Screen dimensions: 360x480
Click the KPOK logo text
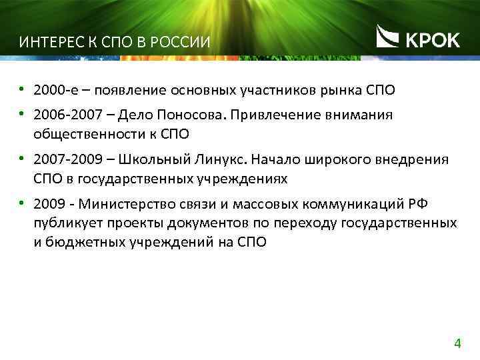pyautogui.click(x=433, y=40)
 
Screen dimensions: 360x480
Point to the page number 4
pyautogui.click(x=457, y=344)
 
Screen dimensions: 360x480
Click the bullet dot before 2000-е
pyautogui.click(x=22, y=89)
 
